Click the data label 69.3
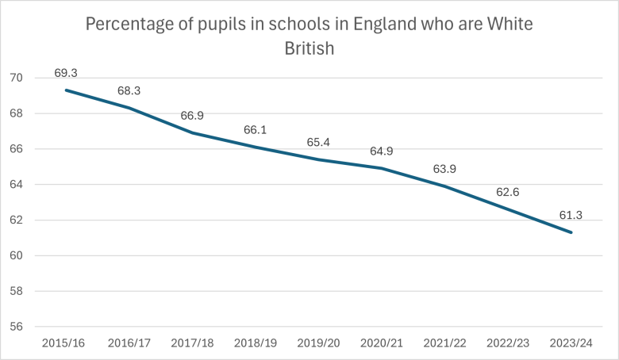coord(65,72)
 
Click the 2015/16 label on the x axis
coord(65,343)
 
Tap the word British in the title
coord(309,48)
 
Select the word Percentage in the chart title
coord(129,24)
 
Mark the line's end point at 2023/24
coord(571,232)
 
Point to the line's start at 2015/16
coord(65,90)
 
